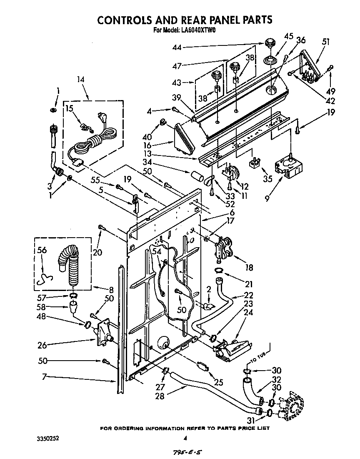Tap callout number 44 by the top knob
[177, 48]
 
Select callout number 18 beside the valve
[249, 268]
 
